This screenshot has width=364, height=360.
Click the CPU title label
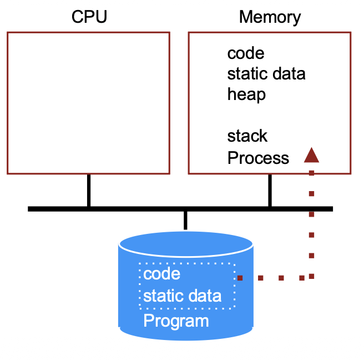pos(89,17)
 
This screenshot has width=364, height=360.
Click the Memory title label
pos(270,17)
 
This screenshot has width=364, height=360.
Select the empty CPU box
pos(88,103)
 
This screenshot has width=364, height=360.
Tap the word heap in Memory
pos(246,94)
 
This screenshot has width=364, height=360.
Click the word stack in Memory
pos(247,136)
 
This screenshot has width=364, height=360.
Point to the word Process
pos(258,158)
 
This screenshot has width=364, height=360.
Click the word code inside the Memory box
pos(246,53)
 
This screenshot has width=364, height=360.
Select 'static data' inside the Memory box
pos(266,74)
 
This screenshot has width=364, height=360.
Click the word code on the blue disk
pos(161,274)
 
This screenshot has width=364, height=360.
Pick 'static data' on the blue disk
pos(182,296)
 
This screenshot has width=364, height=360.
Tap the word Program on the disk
pos(176,321)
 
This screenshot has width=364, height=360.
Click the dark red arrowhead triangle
pos(311,154)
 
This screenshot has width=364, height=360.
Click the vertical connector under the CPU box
pos(88,191)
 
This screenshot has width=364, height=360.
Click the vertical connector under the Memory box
pos(270,191)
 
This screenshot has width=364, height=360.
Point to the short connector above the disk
pos(185,220)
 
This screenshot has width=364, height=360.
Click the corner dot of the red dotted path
pos(312,276)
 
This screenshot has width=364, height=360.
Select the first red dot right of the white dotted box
pos(240,277)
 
